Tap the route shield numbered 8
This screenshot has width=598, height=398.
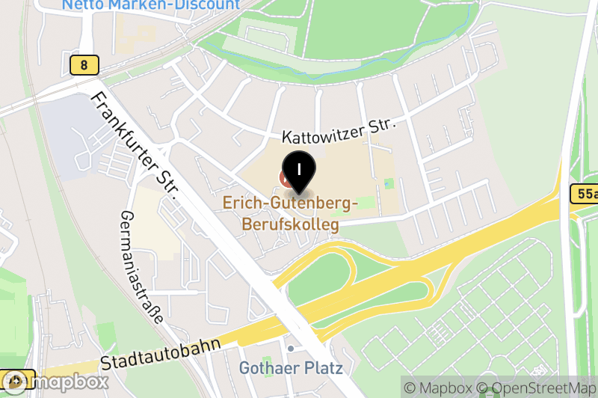tap(84, 65)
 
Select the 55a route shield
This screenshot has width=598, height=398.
tap(587, 195)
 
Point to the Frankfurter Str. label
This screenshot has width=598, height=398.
tap(134, 146)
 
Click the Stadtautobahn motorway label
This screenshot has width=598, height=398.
tap(161, 355)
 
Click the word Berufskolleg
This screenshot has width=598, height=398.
tap(290, 224)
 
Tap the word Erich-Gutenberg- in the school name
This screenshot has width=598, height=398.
tap(290, 203)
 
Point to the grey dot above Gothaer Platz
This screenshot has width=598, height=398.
tap(291, 349)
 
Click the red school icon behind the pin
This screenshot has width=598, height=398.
tap(285, 178)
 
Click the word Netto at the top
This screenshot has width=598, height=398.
tap(84, 4)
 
